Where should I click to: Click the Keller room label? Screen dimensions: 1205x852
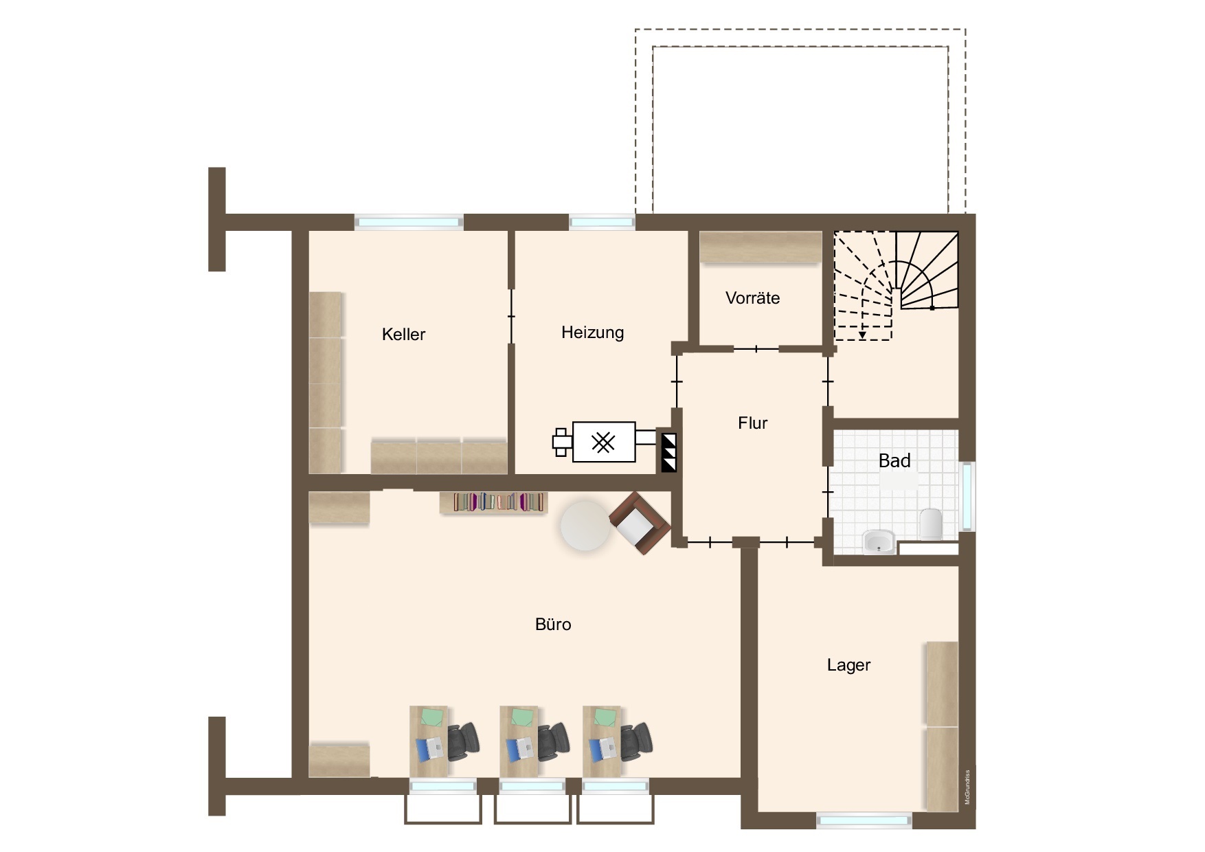[403, 335]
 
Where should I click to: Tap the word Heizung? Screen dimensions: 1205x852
[592, 333]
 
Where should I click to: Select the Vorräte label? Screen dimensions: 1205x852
[752, 298]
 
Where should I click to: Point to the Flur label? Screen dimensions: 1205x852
[752, 423]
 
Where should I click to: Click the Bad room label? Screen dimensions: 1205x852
[894, 460]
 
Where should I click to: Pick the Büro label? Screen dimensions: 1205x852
[553, 625]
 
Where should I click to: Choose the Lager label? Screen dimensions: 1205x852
[848, 665]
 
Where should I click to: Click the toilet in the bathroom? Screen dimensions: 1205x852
[930, 524]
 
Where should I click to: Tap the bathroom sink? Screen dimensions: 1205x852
[879, 541]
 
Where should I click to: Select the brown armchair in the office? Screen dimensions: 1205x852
[639, 523]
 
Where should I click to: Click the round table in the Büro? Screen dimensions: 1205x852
[585, 526]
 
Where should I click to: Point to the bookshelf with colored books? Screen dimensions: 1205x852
[493, 502]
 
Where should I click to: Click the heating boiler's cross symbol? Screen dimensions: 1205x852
[603, 442]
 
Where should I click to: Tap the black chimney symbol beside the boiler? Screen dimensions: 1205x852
[668, 453]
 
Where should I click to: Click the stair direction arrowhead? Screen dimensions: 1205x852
[862, 335]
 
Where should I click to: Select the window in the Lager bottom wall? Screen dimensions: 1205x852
[864, 820]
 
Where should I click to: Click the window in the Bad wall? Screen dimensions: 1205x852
[967, 497]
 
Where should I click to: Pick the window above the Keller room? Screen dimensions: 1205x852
[409, 222]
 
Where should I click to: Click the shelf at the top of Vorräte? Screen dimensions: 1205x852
[761, 247]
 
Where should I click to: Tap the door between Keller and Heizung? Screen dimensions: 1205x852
[511, 316]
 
